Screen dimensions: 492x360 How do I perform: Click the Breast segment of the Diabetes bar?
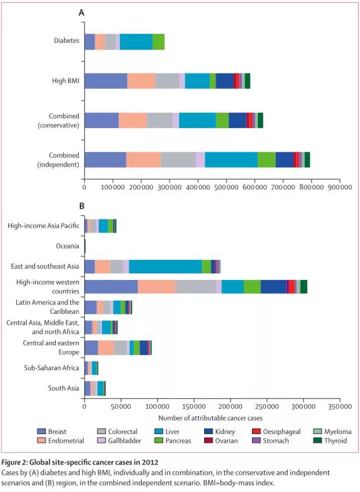coord(89,42)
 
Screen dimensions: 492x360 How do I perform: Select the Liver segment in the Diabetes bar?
coord(136,42)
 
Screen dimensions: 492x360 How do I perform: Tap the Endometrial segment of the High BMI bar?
coord(141,81)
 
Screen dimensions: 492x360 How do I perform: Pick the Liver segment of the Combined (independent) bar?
coord(231,160)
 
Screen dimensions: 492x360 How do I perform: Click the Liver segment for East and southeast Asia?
coord(165,266)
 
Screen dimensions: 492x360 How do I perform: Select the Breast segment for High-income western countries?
coord(111,286)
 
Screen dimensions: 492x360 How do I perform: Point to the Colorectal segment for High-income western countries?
coord(196,286)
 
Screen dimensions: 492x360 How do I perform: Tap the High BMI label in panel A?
coord(65,81)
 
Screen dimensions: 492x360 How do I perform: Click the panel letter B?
coord(82,206)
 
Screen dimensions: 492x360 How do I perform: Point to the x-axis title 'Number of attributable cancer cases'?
coord(210,418)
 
